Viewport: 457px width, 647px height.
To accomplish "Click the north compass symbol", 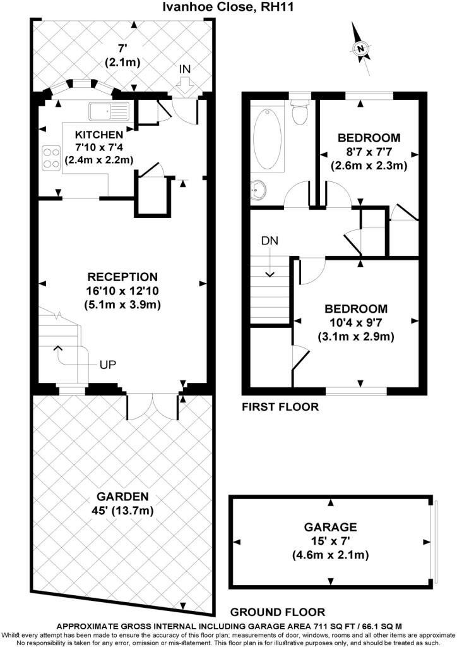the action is (361, 48).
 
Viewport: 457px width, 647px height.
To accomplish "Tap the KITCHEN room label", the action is (99, 135).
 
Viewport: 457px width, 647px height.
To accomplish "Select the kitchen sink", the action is (109, 111).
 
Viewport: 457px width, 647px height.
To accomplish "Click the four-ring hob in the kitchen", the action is (51, 157).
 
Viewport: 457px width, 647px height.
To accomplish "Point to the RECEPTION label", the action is (122, 277).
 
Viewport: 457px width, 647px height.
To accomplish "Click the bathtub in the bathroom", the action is (268, 138).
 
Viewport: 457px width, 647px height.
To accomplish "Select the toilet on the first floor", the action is (299, 109).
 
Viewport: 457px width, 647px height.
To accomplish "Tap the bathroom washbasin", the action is (258, 191).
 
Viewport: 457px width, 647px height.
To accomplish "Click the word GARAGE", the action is (331, 527).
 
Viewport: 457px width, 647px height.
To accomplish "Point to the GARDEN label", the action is (122, 497).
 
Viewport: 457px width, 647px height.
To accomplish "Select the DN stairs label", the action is (270, 241).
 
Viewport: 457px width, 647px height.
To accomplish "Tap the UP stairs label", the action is (107, 365).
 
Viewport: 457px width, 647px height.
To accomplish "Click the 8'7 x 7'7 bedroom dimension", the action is (369, 152).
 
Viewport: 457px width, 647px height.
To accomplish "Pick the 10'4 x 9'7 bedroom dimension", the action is (355, 322).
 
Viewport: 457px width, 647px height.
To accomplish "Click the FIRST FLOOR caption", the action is (280, 407).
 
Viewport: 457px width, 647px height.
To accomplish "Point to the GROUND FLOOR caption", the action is (278, 612).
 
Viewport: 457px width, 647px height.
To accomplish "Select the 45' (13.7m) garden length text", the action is (122, 511).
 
